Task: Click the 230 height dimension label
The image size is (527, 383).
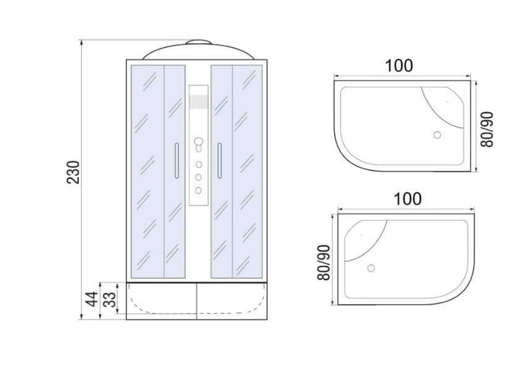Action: pyautogui.click(x=73, y=172)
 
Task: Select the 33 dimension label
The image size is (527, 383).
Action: pyautogui.click(x=109, y=299)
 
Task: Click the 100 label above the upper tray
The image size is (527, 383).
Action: pyautogui.click(x=398, y=66)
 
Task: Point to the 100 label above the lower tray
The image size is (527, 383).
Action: pyautogui.click(x=407, y=199)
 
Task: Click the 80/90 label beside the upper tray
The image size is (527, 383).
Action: pyautogui.click(x=487, y=130)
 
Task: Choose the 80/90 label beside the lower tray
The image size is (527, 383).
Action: pyautogui.click(x=324, y=263)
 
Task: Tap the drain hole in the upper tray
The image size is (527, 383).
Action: pyautogui.click(x=437, y=135)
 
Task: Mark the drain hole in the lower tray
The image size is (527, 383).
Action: pyautogui.click(x=371, y=268)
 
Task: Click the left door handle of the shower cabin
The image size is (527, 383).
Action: pyautogui.click(x=177, y=161)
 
